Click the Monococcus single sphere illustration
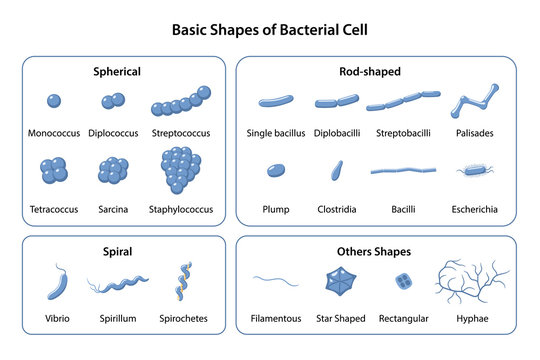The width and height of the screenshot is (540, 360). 54,101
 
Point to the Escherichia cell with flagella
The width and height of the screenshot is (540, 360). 474,171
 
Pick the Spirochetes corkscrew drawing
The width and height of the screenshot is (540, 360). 184,281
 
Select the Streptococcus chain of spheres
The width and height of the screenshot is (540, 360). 181,102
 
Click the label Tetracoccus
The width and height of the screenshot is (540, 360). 55,210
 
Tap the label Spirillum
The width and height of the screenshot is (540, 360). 119,320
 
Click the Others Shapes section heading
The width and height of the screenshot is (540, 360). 375,252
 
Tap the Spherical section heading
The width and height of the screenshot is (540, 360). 118,72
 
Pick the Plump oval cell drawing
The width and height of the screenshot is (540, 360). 275,171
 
